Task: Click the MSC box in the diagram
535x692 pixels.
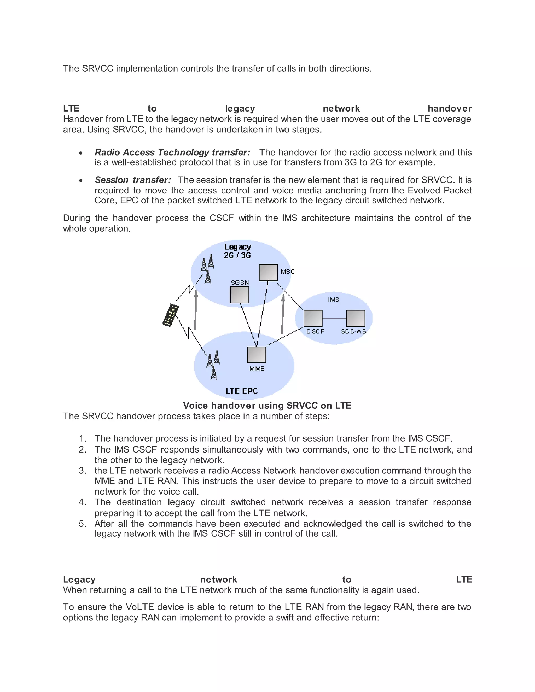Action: (268, 272)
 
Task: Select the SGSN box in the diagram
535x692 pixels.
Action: (239, 295)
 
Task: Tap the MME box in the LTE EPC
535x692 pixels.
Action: (257, 355)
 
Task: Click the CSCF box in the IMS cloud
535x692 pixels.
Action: (313, 318)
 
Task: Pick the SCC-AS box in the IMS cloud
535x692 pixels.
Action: (355, 318)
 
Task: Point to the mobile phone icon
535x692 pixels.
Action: (171, 315)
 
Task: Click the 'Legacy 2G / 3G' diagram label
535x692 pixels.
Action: (237, 251)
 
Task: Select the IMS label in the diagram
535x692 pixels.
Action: (333, 300)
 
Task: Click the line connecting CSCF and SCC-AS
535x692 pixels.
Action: (334, 318)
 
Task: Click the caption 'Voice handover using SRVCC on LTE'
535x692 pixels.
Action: (267, 406)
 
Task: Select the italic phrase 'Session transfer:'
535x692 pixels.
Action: (133, 180)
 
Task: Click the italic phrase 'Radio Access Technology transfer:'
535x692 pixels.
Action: (172, 153)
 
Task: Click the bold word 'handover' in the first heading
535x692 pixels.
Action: (449, 108)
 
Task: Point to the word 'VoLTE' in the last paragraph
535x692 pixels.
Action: (140, 607)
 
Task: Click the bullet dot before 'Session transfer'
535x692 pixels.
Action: (81, 181)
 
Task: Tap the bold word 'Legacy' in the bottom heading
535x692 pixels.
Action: (79, 579)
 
